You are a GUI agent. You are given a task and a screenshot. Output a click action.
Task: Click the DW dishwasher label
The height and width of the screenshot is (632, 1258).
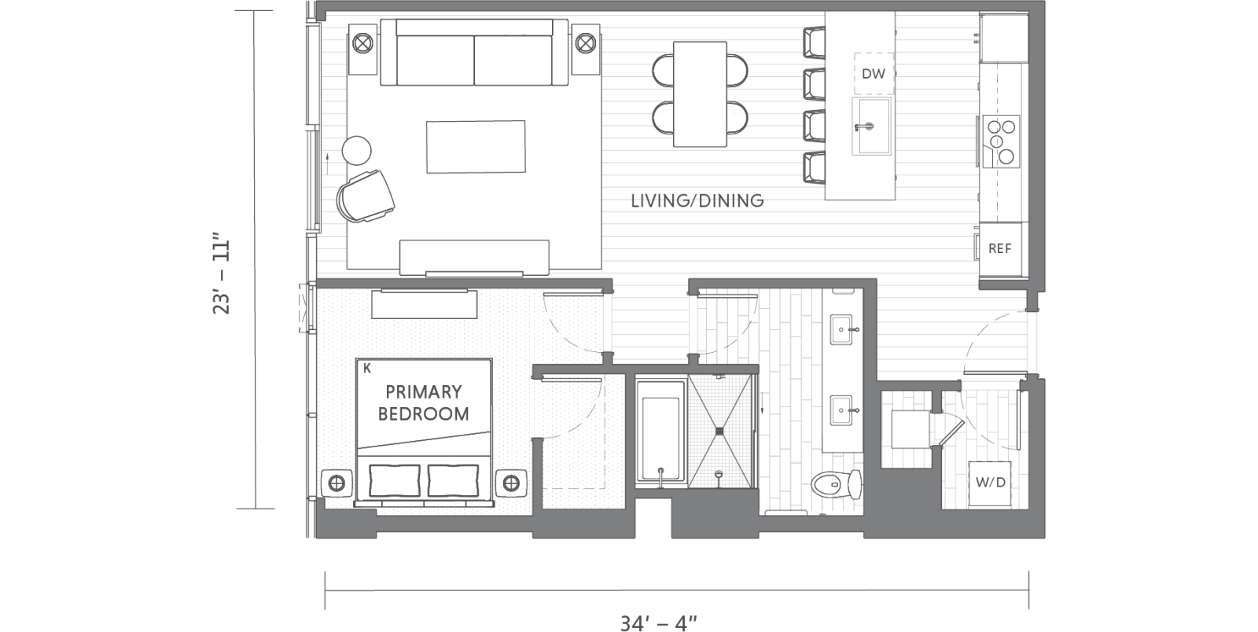873,74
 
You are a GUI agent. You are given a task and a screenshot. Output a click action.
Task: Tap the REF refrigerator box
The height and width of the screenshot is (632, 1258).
999,248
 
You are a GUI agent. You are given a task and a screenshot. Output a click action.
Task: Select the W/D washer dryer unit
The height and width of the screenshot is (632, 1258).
990,482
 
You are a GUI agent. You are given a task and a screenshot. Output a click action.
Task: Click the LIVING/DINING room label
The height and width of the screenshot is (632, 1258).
697,200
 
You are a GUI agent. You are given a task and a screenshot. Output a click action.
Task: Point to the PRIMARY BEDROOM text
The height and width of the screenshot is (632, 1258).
423,402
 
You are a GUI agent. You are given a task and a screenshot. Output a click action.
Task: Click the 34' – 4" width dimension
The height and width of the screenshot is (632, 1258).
659,623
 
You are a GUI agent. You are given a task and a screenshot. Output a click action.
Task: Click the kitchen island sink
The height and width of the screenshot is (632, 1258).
873,126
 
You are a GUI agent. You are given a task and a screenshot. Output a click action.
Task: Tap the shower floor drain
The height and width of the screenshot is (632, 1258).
719,430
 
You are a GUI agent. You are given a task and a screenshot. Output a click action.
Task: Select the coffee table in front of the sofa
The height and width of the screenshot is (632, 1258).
476,146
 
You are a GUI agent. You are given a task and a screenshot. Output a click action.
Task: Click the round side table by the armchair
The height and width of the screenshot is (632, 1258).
356,150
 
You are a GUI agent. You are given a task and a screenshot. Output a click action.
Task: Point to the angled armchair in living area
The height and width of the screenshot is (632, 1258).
366,195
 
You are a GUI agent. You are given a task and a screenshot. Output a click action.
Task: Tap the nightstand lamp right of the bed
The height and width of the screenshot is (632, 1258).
511,482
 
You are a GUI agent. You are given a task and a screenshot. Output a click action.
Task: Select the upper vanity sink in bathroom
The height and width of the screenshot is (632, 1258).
841,326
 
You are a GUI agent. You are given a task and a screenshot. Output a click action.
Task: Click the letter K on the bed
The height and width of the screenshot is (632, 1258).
367,368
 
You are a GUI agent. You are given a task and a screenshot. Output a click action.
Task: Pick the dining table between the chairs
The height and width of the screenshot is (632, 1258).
700,94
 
